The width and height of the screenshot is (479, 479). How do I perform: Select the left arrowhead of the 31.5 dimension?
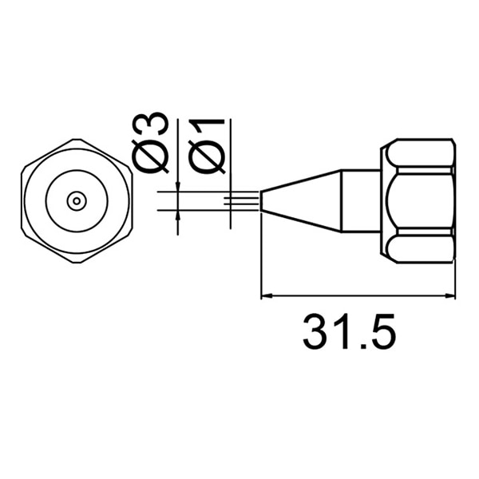click(268, 297)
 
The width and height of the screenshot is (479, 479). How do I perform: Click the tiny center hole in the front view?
click(76, 201)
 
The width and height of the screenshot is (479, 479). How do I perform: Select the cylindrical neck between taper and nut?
click(361, 201)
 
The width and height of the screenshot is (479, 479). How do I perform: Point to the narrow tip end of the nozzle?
click(264, 201)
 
